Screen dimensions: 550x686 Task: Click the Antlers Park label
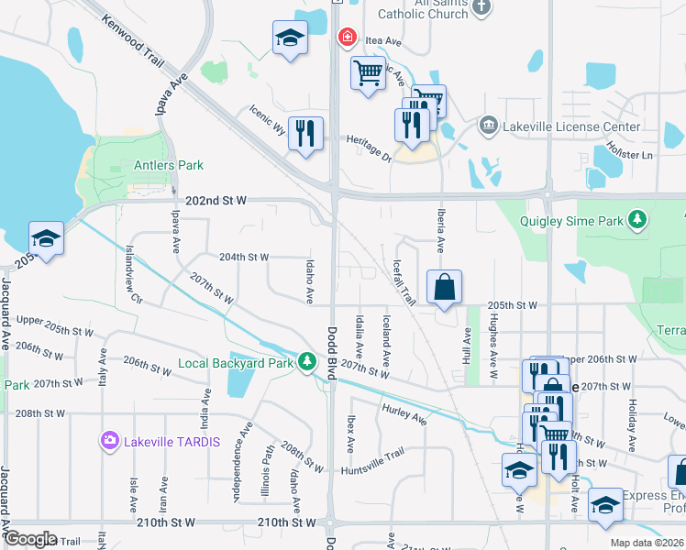coord(168,165)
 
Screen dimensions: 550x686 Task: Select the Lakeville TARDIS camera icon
coord(111,441)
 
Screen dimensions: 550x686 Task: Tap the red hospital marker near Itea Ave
coord(347,38)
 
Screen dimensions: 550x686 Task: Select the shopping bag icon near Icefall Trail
coord(444,287)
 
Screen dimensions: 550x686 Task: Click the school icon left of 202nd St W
coord(45,238)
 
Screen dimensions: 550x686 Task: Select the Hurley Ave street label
coord(404,414)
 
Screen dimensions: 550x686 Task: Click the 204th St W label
coord(243,258)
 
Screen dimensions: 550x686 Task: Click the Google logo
coord(31,539)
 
